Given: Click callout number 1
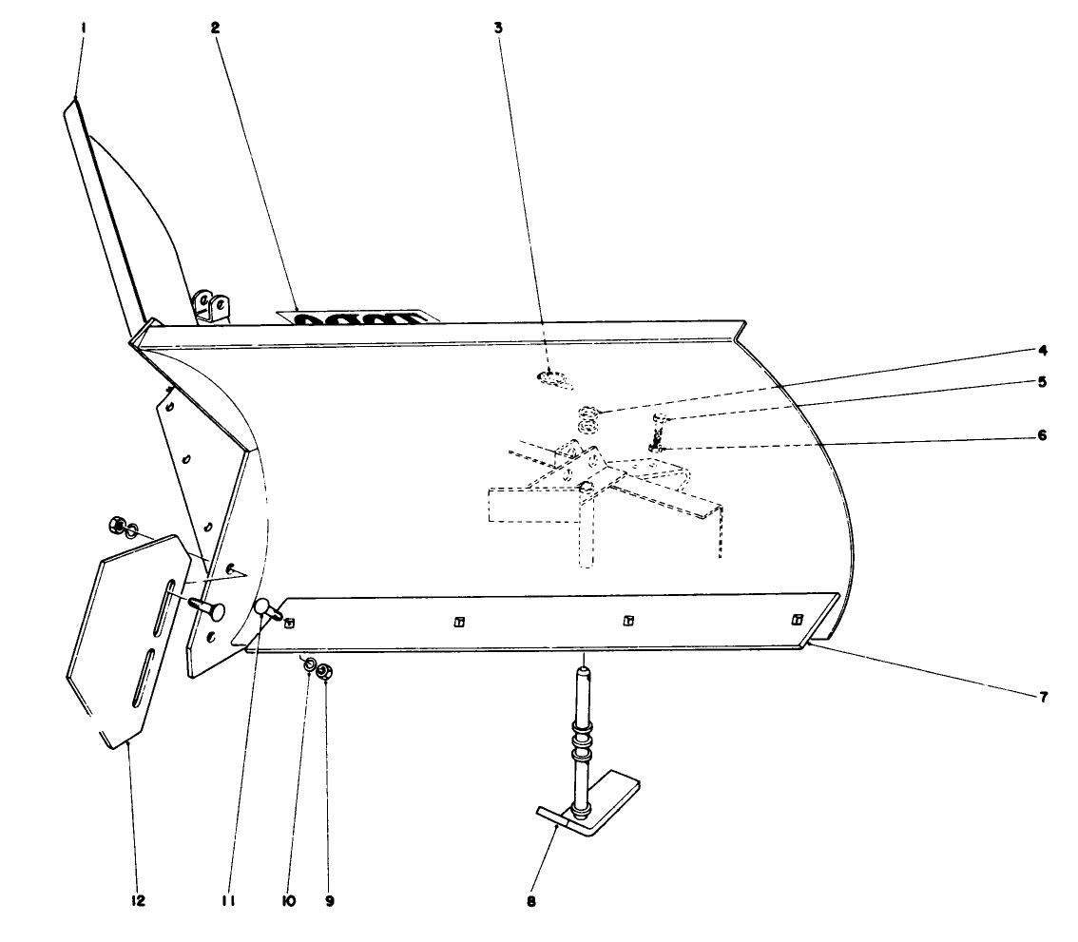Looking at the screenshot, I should coord(84,29).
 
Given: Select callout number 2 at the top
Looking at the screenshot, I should coord(216,29).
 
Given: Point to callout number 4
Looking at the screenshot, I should coord(1042,350).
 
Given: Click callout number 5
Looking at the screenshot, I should coord(1042,382).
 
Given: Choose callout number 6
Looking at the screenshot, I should coord(1042,435).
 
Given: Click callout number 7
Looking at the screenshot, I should coord(1042,697).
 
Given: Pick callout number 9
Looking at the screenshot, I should coord(329,899).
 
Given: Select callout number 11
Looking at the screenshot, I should coord(228,899).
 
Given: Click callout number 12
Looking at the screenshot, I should coord(138,899).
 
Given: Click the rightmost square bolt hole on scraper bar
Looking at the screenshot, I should coord(798,620).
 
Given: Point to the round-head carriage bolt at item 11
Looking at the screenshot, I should coord(262,608).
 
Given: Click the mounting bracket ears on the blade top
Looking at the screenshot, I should coord(211,306).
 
